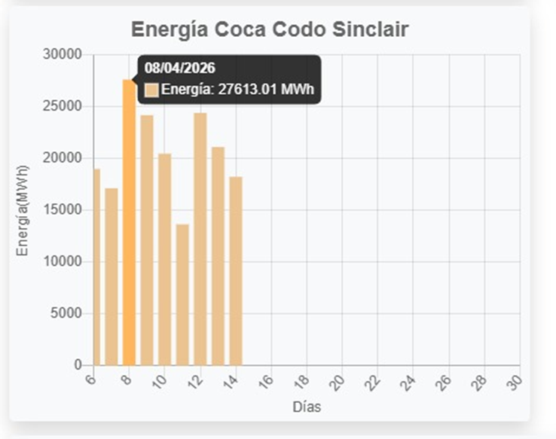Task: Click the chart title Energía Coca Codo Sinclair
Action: (270, 30)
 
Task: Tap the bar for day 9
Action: (147, 240)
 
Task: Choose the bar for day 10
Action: (164, 259)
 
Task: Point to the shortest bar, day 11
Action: (182, 294)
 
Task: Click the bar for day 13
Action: (218, 256)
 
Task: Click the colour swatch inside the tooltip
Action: (151, 90)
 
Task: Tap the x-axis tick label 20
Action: (338, 382)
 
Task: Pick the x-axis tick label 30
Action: (515, 382)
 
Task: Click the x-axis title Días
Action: (307, 407)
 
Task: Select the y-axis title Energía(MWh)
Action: (23, 210)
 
